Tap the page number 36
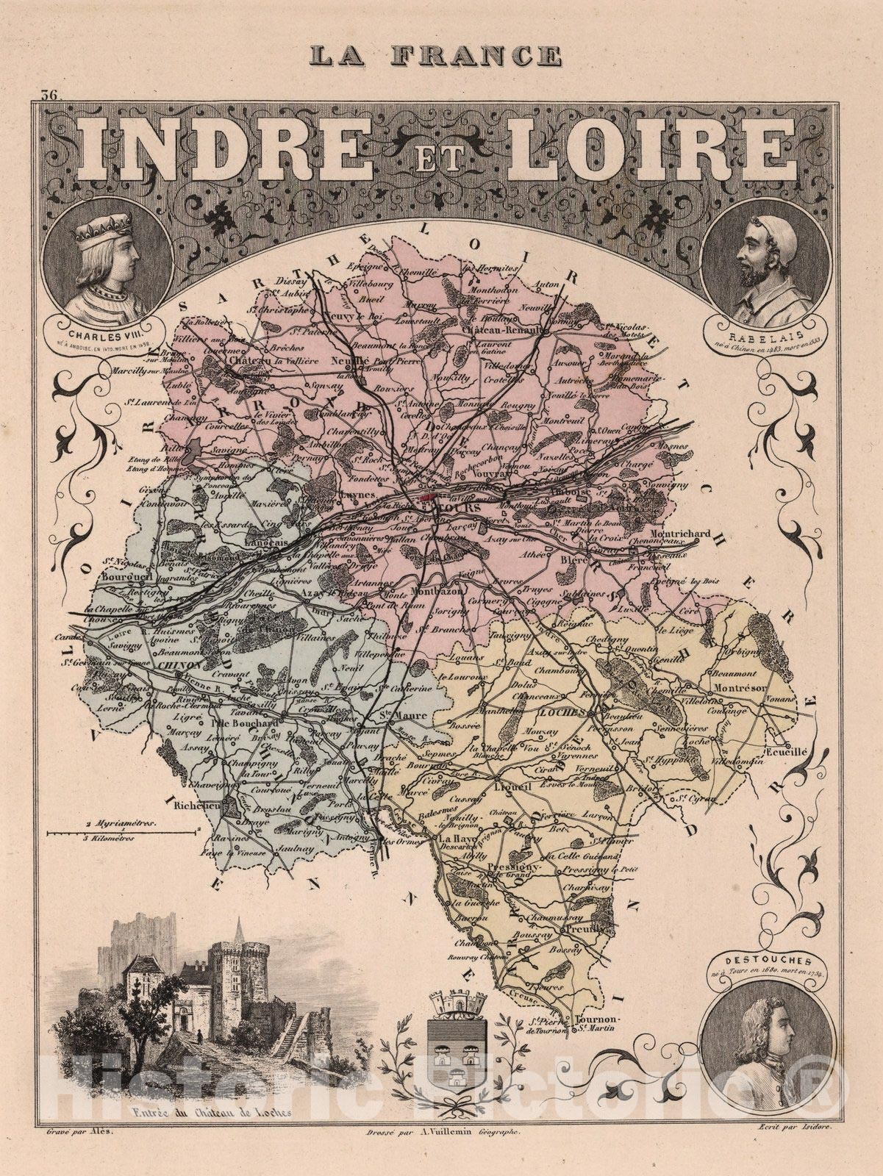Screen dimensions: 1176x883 [50, 95]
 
